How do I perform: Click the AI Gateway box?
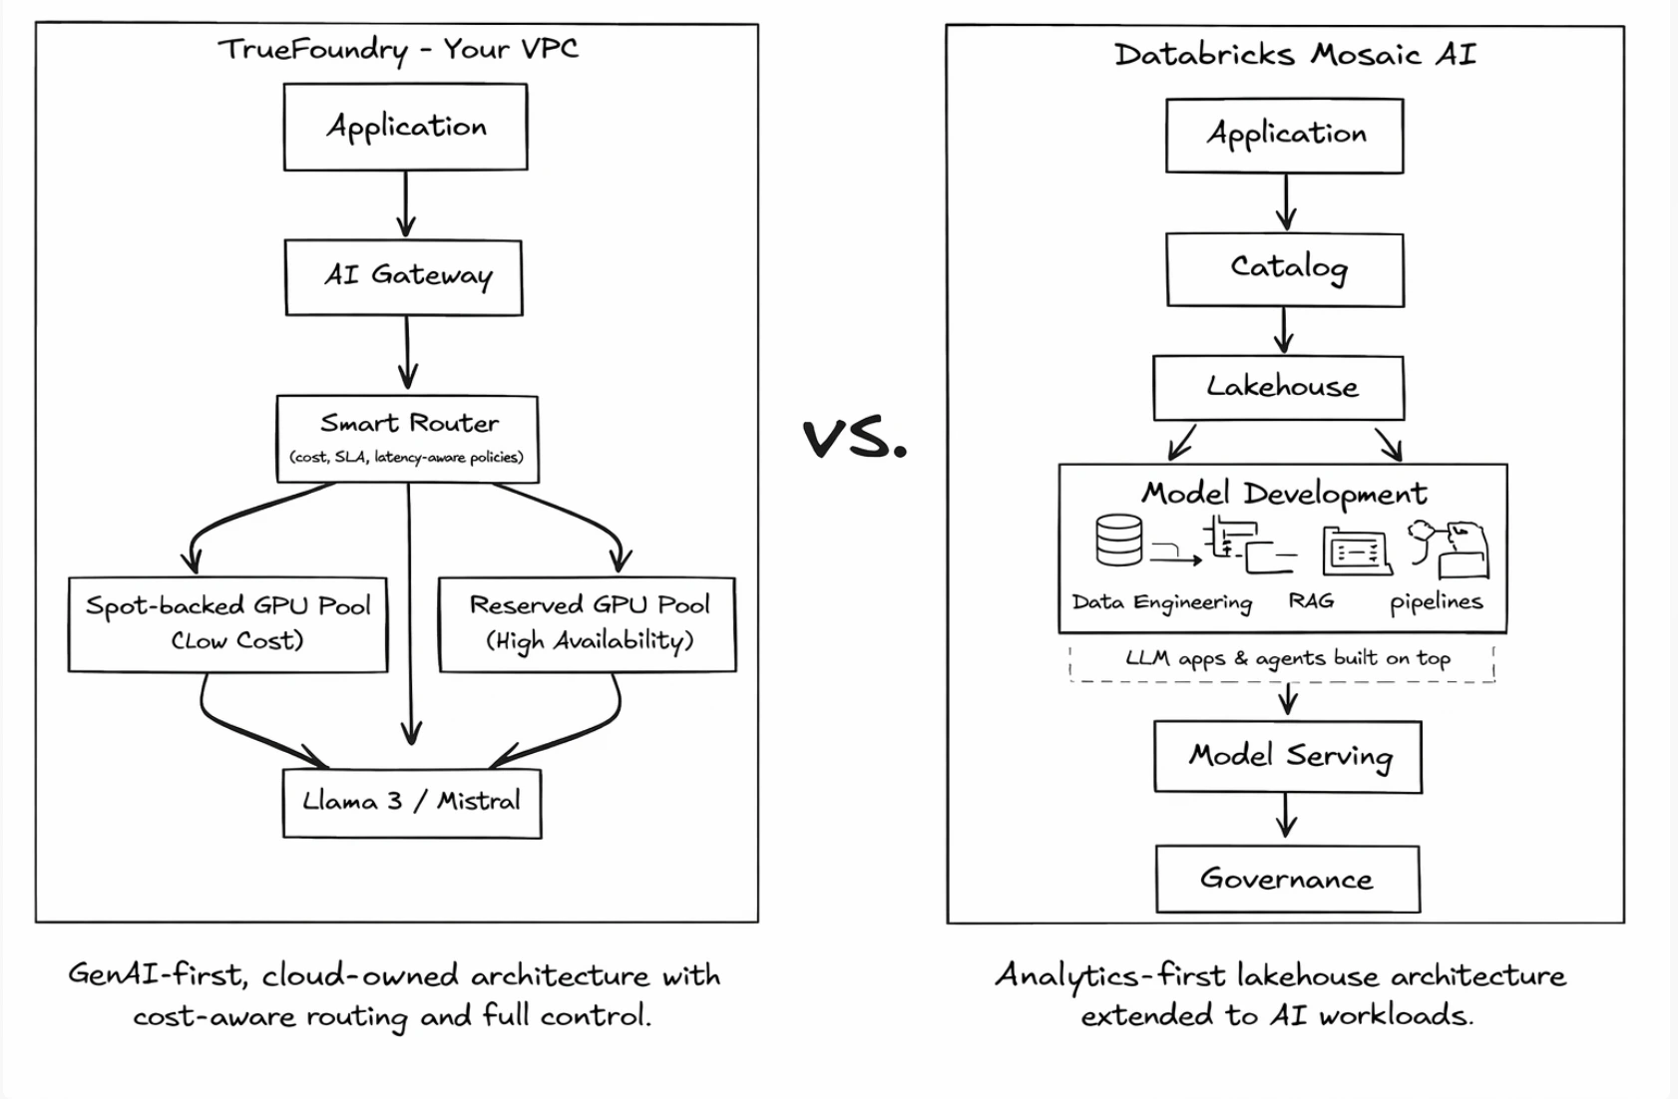(x=404, y=277)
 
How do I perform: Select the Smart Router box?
(x=407, y=439)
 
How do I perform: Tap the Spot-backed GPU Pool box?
(x=227, y=624)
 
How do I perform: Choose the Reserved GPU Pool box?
(x=588, y=624)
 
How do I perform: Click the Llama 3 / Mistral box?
(x=412, y=803)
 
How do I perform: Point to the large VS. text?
(x=855, y=439)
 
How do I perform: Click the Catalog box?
(x=1286, y=269)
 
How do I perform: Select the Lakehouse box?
(x=1279, y=388)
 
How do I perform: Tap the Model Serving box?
(x=1288, y=757)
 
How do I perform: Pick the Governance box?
(x=1287, y=879)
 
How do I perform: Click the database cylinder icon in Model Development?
(x=1117, y=541)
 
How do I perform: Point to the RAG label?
(x=1310, y=601)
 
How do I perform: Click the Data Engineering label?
(x=1161, y=602)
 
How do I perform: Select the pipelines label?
(x=1436, y=602)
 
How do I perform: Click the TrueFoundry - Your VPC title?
(x=397, y=50)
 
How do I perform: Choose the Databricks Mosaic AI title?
(x=1294, y=55)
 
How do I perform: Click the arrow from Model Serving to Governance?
(x=1287, y=816)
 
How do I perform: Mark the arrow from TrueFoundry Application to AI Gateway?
(x=405, y=203)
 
